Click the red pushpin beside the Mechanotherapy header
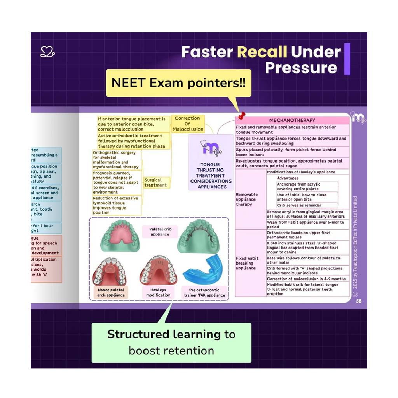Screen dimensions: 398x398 [242, 115]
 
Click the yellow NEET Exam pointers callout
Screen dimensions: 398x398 [178, 83]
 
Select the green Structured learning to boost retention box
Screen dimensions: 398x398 [171, 342]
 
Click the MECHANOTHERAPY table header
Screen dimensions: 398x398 [292, 120]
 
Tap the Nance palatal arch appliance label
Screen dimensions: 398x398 [111, 292]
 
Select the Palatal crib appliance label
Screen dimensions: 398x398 [160, 232]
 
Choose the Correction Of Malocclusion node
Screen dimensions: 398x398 [188, 124]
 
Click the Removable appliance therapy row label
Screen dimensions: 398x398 [246, 199]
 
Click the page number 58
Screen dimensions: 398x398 [358, 301]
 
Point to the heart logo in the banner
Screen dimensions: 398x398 [47, 52]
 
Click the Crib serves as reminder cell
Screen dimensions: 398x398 [299, 205]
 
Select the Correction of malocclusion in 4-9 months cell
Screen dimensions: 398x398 [306, 279]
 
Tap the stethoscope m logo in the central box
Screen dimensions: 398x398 [210, 148]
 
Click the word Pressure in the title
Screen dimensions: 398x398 [301, 68]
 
